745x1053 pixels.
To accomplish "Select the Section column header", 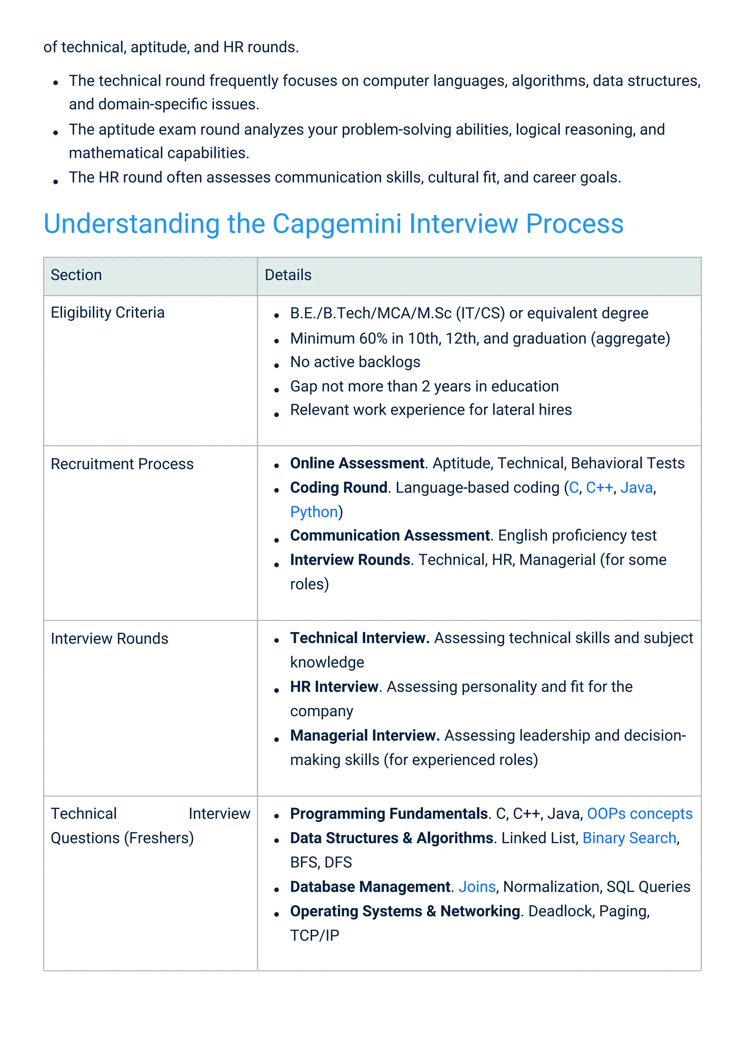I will (x=76, y=275).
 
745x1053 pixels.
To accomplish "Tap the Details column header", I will (x=288, y=275).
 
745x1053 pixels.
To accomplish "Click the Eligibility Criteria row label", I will (x=107, y=313).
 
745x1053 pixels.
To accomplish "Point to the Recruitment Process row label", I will (x=122, y=464).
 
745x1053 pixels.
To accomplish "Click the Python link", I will (x=314, y=512).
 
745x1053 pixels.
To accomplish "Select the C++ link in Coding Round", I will (x=599, y=488).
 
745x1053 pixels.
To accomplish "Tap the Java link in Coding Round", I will (x=636, y=488).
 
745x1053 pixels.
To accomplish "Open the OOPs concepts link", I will (x=640, y=814).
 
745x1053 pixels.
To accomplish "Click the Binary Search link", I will (x=629, y=838).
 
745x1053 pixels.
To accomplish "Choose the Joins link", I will (x=477, y=886).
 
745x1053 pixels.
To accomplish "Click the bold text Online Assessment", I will (x=357, y=463).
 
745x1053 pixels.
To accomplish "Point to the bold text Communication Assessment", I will (x=390, y=535).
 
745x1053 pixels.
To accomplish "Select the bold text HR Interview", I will (x=334, y=686).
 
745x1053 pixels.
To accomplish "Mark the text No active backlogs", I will (x=355, y=362).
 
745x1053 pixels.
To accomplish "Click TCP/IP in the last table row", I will (x=315, y=935).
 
